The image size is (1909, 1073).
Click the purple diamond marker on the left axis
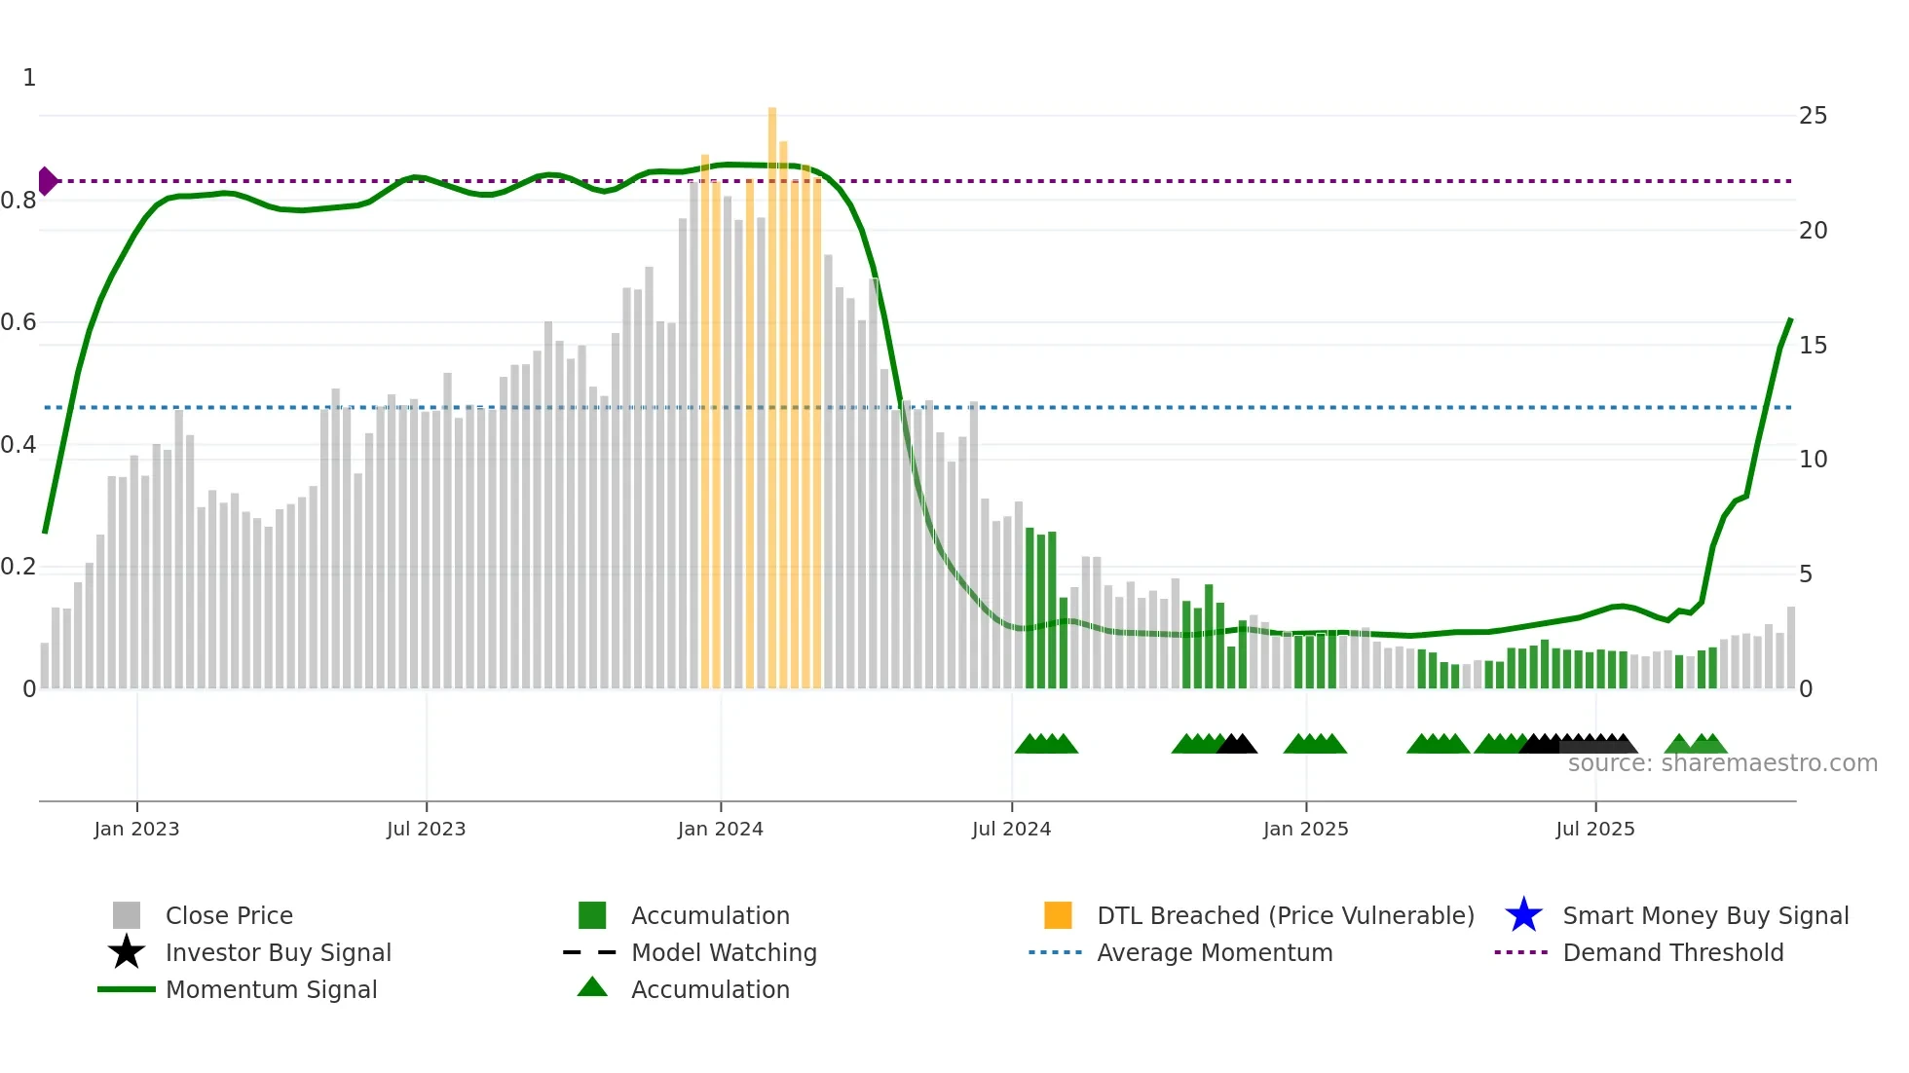tap(47, 181)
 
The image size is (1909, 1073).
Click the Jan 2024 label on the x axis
tap(720, 829)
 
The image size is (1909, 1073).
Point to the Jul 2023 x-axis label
tap(426, 829)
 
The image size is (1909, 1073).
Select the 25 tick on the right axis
tap(1813, 116)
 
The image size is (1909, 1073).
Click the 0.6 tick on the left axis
tap(19, 322)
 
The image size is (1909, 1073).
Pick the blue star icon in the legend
tap(1523, 915)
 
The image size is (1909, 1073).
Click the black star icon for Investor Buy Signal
tap(127, 952)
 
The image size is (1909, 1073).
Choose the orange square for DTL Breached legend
tap(1058, 915)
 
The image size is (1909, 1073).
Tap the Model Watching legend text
tap(724, 952)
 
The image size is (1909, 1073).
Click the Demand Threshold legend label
tap(1672, 952)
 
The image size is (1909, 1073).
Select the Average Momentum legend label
tap(1215, 952)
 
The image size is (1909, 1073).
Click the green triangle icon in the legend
tap(592, 987)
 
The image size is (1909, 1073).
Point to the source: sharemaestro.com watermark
tap(1722, 763)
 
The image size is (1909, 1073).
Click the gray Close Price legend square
tap(127, 915)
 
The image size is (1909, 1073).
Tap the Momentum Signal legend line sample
tap(127, 989)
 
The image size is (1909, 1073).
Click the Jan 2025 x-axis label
tap(1305, 829)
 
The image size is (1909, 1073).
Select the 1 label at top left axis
tap(29, 78)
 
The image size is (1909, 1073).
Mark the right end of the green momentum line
tap(1790, 319)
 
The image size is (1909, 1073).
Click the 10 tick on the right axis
tap(1813, 460)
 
